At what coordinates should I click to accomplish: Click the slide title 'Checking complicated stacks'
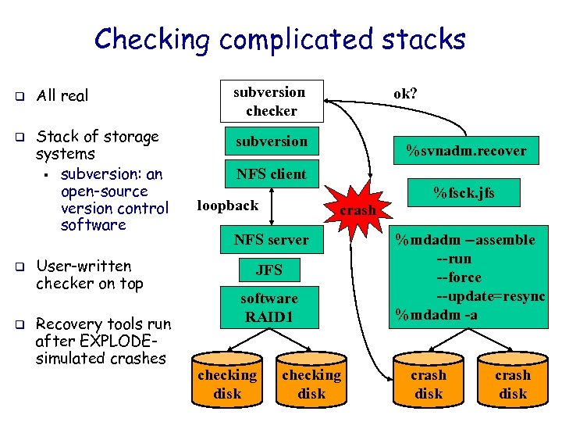tap(279, 38)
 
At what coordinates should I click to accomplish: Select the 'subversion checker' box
tap(271, 101)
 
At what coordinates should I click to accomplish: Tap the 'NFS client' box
tap(272, 173)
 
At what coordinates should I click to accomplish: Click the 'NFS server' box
tap(272, 240)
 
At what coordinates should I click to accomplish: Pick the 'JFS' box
tap(269, 270)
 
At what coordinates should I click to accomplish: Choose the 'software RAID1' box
tap(269, 308)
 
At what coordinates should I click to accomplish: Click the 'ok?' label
tap(405, 93)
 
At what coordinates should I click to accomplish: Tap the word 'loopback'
tap(227, 206)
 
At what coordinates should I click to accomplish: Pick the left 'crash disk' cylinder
tap(429, 382)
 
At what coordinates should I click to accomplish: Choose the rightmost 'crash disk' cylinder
tap(513, 382)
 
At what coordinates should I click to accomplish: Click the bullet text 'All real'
tap(62, 96)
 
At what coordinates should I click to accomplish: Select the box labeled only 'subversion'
tap(272, 141)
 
